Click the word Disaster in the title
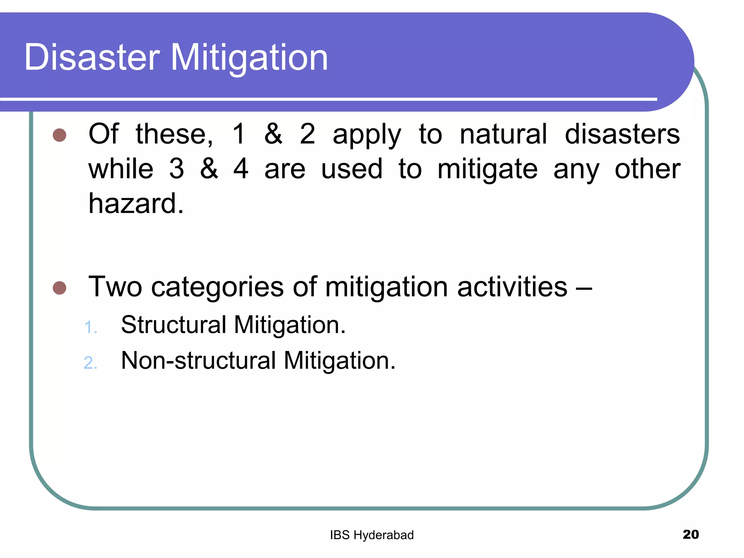click(92, 57)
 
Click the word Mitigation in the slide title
click(249, 57)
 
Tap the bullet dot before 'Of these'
click(59, 135)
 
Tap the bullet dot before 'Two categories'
click(59, 288)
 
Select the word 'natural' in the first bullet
click(503, 134)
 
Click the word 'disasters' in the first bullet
click(622, 134)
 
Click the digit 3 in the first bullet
click(177, 169)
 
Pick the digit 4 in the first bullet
click(241, 169)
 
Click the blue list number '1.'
click(90, 327)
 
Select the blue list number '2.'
click(90, 363)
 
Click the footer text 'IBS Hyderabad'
click(372, 535)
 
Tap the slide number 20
click(691, 534)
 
